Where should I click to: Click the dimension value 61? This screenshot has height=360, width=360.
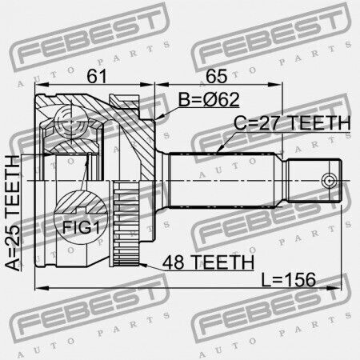tap(97, 76)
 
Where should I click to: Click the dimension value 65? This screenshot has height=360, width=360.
tap(216, 76)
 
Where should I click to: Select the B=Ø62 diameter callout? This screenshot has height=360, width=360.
tap(209, 100)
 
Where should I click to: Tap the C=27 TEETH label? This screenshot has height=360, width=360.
tap(292, 123)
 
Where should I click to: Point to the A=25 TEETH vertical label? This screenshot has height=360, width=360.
tap(12, 213)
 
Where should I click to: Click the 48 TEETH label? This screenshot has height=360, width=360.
tap(208, 262)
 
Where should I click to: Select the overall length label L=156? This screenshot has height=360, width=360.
tap(288, 279)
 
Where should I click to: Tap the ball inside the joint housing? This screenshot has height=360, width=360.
tap(71, 122)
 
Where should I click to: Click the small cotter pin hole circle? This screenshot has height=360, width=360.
tap(329, 181)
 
